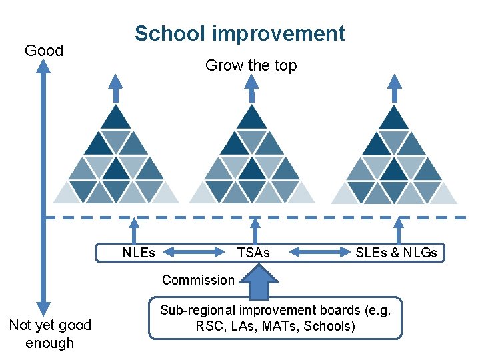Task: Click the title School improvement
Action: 239,33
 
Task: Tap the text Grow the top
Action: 251,65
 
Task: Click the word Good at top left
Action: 43,51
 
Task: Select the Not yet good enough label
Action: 50,334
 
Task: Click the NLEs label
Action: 139,253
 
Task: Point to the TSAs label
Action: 253,253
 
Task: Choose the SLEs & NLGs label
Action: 396,253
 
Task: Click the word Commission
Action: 198,280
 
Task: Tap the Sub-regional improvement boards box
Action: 275,318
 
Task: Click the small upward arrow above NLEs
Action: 136,231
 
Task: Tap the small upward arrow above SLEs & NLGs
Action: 399,231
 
